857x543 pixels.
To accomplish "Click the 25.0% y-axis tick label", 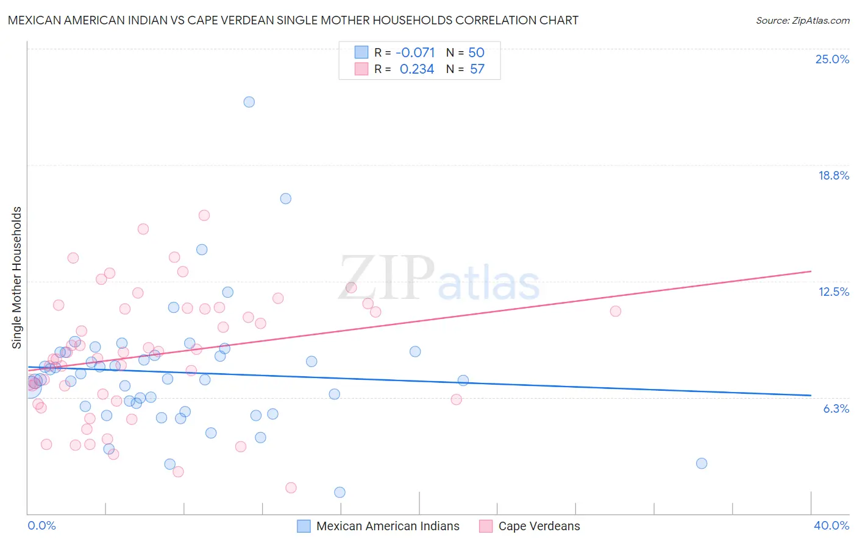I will point(832,59).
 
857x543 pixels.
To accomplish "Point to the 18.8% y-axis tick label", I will point(833,175).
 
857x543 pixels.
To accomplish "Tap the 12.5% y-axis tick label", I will point(833,292).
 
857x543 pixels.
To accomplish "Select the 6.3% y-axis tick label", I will point(836,408).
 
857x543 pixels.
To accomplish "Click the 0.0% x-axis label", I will point(41,525).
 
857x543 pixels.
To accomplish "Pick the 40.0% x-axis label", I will point(831,525).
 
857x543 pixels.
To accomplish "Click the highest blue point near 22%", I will point(249,102).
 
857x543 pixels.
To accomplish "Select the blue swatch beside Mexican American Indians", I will point(304,526).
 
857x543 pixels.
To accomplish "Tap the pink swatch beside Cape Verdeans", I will point(486,526).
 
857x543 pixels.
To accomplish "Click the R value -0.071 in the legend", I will point(415,53).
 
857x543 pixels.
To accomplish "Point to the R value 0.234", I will point(416,69).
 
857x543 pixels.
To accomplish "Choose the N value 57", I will point(477,69).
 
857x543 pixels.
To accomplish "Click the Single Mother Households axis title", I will point(16,278).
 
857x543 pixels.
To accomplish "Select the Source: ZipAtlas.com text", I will point(802,21).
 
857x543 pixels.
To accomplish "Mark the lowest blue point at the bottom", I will point(340,492).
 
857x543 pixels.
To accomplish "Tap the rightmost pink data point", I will point(615,311).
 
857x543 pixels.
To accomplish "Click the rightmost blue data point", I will point(701,463).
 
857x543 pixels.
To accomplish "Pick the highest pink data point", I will point(204,215).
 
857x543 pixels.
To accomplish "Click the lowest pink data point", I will point(291,488).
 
